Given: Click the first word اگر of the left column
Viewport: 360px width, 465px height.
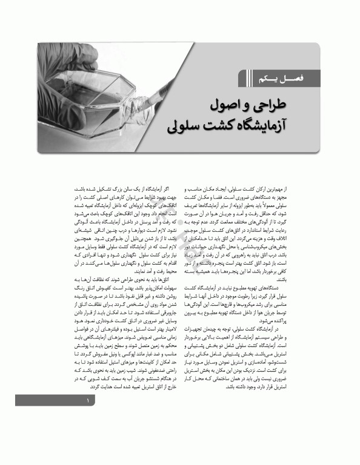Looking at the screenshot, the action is click(x=172, y=190).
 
